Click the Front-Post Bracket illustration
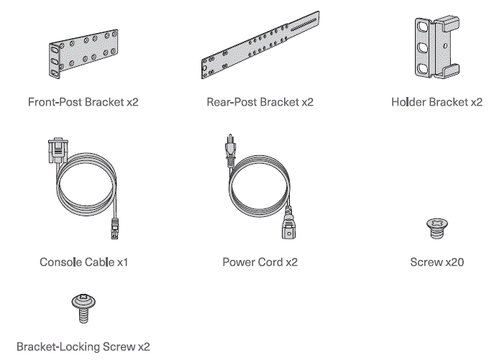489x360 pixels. pos(83,54)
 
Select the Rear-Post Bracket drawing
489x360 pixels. pos(260,45)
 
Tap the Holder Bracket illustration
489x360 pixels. pos(437,47)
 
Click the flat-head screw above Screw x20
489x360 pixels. pos(437,229)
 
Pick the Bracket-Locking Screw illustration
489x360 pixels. pos(83,308)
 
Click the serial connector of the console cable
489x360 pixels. pos(58,150)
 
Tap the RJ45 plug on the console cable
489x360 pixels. pos(115,229)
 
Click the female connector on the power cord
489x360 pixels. pos(288,226)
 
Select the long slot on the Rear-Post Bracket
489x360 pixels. pos(303,25)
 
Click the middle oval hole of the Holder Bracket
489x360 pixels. pos(423,47)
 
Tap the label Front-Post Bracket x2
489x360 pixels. pos(83,102)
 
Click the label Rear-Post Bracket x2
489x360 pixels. pos(260,102)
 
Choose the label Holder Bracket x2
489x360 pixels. pos(437,102)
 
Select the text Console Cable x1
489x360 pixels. pos(83,262)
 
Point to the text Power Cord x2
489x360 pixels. pos(260,262)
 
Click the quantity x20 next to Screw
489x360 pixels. pos(454,262)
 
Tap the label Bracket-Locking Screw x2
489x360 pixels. pos(83,346)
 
